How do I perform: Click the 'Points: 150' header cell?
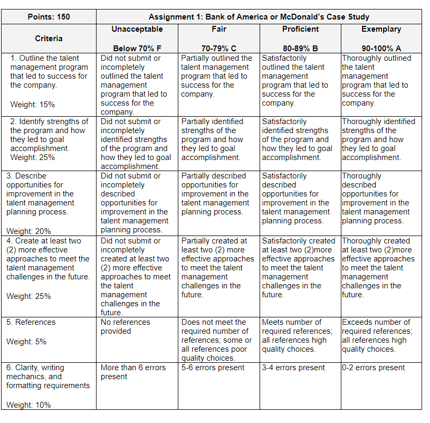pos(49,17)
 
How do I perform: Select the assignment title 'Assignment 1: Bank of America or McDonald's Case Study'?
pos(259,17)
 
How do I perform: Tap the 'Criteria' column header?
pos(49,39)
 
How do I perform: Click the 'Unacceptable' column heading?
pos(137,29)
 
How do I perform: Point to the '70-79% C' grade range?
pos(218,48)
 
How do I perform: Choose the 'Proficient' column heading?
pos(300,29)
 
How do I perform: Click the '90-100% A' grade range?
pos(381,48)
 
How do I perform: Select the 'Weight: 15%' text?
pos(32,104)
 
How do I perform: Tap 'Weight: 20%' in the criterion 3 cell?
pos(28,231)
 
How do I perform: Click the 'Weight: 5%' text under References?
pos(26,342)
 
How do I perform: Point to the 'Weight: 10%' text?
pos(28,405)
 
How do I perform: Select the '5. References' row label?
pos(31,322)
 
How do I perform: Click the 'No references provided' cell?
pos(126,326)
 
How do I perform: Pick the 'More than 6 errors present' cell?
pos(133,372)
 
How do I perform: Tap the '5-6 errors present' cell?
pos(213,368)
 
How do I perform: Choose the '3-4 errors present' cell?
pos(294,368)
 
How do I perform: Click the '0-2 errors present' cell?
pos(374,368)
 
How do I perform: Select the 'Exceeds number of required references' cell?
pos(377,335)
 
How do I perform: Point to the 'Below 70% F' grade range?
pos(137,48)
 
